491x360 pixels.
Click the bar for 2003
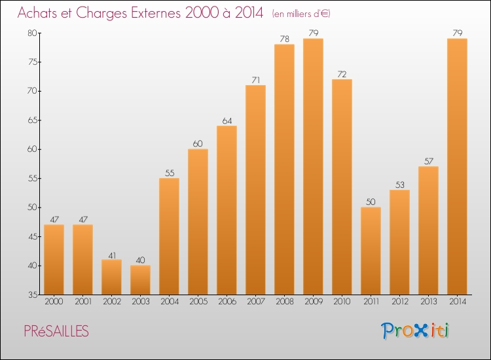click(x=140, y=279)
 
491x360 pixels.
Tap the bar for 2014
click(x=457, y=166)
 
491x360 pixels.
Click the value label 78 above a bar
click(x=284, y=39)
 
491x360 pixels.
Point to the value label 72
click(x=342, y=74)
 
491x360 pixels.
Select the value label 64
click(x=227, y=120)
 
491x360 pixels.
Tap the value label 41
click(x=111, y=255)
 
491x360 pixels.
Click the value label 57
click(x=428, y=161)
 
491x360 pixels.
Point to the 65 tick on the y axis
click(x=32, y=120)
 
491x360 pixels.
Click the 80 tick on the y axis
click(x=32, y=33)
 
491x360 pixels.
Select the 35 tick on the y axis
click(x=32, y=295)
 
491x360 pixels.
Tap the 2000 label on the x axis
click(x=54, y=303)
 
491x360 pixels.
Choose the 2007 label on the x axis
click(x=255, y=303)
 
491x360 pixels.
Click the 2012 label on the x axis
click(x=399, y=303)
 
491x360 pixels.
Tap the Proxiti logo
click(x=415, y=331)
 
